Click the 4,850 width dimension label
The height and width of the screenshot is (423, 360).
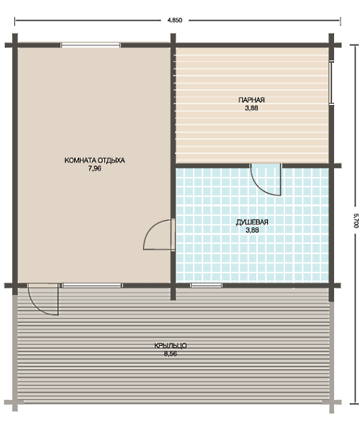tap(175, 20)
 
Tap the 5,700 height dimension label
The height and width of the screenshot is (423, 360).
tap(356, 221)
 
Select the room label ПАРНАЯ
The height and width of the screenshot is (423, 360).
tap(251, 100)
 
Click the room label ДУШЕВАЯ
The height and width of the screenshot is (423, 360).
tap(252, 222)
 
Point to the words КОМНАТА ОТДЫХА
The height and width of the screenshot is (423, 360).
tap(94, 160)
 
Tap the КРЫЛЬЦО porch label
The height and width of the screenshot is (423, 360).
tap(171, 345)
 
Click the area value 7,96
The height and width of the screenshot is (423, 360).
tap(94, 168)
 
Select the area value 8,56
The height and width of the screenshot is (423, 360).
tap(171, 354)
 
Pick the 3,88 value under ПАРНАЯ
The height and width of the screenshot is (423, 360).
tap(251, 108)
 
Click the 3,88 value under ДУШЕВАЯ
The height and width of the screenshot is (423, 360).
tap(252, 230)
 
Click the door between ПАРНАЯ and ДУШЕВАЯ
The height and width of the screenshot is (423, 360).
tap(266, 179)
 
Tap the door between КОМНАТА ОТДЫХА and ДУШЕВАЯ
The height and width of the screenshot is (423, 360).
tap(159, 235)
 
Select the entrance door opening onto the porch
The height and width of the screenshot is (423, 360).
tap(43, 299)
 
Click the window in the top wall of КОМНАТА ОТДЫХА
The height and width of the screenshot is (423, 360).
tap(91, 45)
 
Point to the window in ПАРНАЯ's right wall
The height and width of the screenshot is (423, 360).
tap(331, 83)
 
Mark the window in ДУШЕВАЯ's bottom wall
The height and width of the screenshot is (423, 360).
tap(207, 286)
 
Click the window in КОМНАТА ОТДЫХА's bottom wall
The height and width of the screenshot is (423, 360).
tap(92, 286)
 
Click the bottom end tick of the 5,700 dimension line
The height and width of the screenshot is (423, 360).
tap(354, 404)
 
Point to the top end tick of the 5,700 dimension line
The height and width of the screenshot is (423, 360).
tap(354, 45)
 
